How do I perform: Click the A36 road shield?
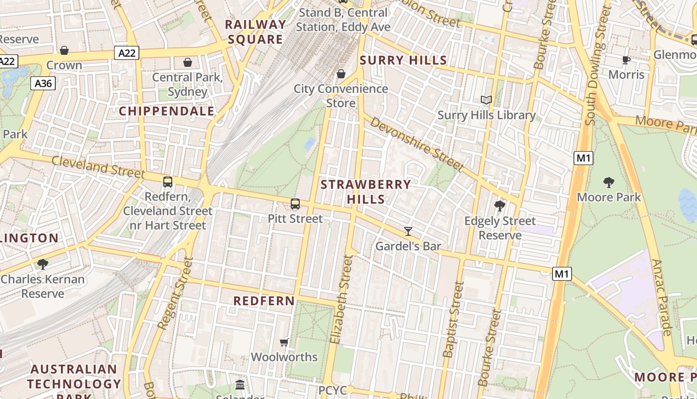[x=43, y=83]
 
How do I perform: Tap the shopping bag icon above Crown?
[x=64, y=50]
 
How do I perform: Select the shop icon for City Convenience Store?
[x=341, y=74]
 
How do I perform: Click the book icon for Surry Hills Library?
[x=486, y=100]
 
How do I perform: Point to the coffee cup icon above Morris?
[x=626, y=60]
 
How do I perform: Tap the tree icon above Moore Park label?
[x=608, y=182]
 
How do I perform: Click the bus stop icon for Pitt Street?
[x=295, y=203]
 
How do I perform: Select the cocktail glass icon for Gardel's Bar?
[x=408, y=231]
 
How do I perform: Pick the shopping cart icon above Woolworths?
[x=284, y=342]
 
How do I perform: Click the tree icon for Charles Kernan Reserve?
[x=43, y=264]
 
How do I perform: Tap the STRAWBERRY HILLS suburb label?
[x=366, y=192]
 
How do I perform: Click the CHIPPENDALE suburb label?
[x=167, y=111]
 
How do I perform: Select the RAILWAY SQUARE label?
[x=255, y=32]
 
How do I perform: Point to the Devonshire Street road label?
[x=417, y=145]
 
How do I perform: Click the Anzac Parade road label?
[x=662, y=297]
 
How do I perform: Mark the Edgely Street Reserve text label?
[x=500, y=228]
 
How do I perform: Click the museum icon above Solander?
[x=240, y=385]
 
